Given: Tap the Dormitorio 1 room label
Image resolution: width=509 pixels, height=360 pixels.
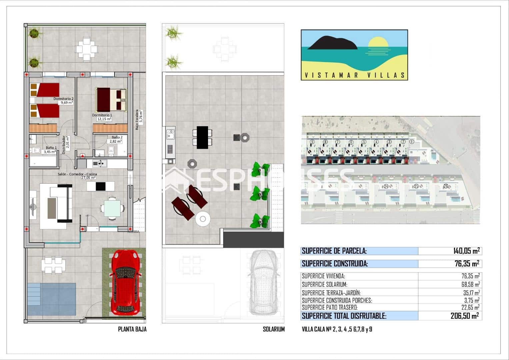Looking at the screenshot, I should coord(102,115).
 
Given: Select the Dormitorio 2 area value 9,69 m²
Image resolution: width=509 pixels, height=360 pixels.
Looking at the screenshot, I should coord(66,103).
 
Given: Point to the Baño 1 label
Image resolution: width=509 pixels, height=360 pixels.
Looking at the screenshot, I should coord(51,148).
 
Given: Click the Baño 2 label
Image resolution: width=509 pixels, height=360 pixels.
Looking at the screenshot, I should coord(117,137).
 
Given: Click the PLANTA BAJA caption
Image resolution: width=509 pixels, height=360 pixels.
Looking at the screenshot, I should coord(132,329).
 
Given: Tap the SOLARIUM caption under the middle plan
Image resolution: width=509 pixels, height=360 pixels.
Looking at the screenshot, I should coord(274,329).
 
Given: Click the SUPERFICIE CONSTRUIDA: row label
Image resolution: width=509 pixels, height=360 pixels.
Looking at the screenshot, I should coord(335,264).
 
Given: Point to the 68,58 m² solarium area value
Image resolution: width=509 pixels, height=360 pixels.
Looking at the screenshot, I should coord(469,284).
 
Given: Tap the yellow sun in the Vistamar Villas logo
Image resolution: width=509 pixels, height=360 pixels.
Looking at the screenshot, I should coord(378,44).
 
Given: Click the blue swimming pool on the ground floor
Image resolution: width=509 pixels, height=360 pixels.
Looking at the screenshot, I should coord(52,299).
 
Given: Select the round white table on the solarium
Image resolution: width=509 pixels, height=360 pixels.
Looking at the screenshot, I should coord(203,219).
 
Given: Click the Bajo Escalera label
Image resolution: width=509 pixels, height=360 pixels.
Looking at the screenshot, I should coord(137,120).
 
